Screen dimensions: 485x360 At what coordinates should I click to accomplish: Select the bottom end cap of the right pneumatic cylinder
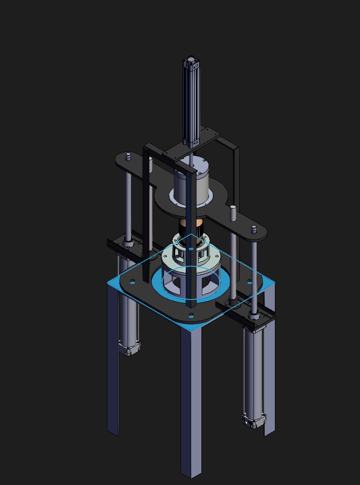click(254, 420)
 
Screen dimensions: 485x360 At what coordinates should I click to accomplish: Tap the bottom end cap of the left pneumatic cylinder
click(129, 347)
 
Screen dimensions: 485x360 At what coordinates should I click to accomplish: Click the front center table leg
click(191, 401)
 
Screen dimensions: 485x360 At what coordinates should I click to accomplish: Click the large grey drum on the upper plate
click(190, 183)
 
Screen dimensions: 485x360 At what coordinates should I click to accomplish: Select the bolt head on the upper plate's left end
click(128, 156)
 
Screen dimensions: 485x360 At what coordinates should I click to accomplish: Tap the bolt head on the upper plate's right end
click(254, 229)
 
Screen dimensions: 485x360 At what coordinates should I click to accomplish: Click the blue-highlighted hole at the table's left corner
click(133, 281)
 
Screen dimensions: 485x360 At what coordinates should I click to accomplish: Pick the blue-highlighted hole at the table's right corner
click(250, 282)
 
